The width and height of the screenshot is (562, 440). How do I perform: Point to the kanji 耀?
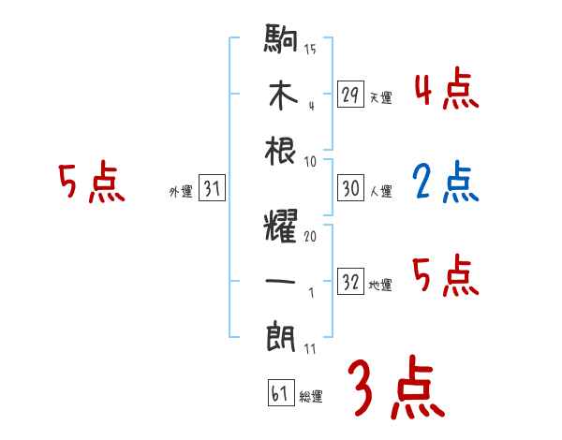tap(282, 226)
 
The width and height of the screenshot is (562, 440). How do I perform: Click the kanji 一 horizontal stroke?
tap(282, 281)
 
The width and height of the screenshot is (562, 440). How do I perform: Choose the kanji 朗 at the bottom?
tap(282, 335)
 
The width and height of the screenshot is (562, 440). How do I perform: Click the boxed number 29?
tap(351, 94)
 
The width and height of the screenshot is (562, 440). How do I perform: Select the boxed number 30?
tap(351, 188)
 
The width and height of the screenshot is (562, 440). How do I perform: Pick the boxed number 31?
tap(212, 189)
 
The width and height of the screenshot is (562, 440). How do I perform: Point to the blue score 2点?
tap(445, 183)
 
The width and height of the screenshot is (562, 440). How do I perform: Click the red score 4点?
tap(445, 90)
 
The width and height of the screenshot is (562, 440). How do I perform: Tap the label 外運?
tap(180, 192)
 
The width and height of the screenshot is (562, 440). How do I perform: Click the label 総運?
tap(311, 396)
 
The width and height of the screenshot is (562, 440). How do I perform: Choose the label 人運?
tap(380, 192)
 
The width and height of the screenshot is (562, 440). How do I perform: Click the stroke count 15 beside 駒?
tap(310, 49)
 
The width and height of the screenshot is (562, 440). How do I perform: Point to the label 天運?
tap(380, 97)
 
